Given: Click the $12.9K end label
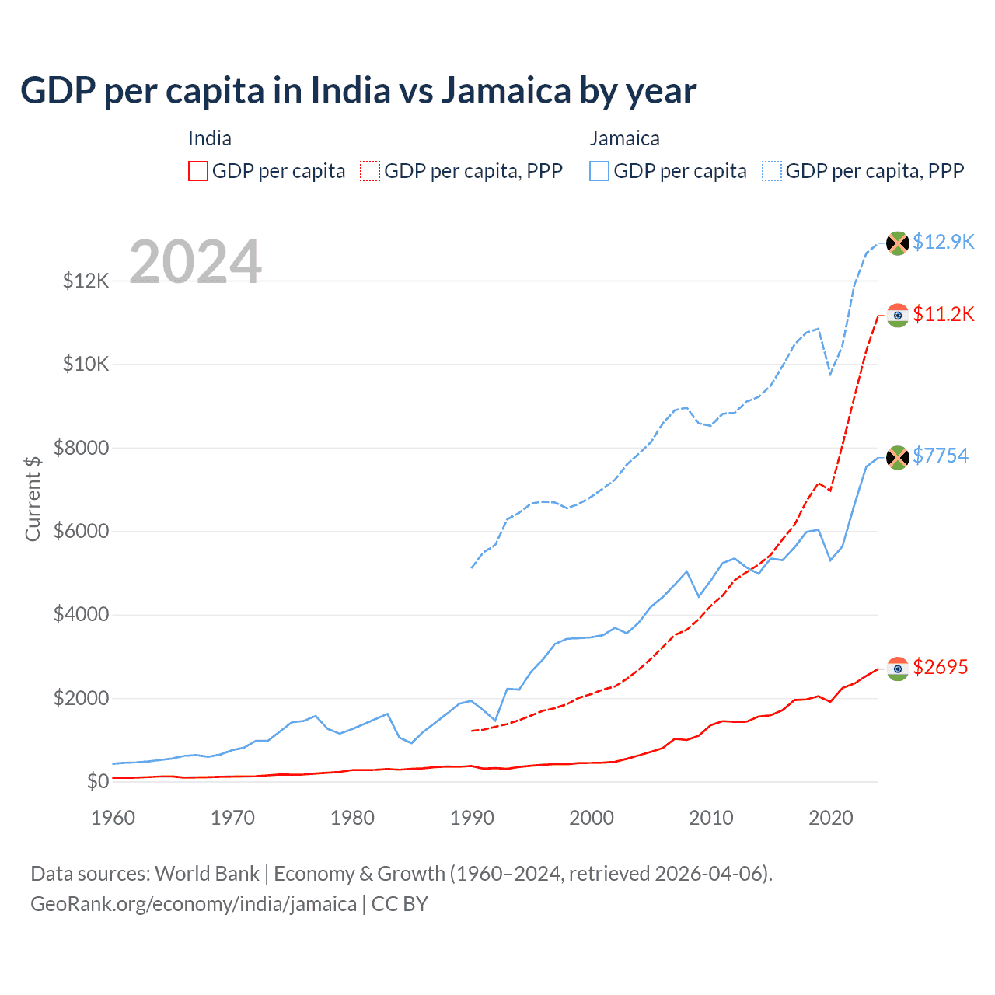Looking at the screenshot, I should pos(943,242).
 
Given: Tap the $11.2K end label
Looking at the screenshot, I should pos(943,314).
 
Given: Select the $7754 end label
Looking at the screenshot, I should pos(941,456).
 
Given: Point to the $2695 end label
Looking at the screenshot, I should pos(941,667).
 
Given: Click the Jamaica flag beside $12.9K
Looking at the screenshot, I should pos(898,243).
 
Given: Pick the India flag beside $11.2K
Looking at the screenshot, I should pos(898,315).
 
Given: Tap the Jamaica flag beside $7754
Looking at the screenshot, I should pos(898,457).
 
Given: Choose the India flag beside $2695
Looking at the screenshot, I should pos(898,669).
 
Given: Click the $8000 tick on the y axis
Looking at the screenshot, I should pos(81,448).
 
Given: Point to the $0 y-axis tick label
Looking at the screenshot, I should pos(97,781).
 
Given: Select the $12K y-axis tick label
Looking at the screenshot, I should pos(86,281).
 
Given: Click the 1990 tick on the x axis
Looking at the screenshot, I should pos(472,818).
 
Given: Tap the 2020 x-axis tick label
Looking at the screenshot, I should pos(831,818).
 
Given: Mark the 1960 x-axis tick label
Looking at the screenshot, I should pos(113,818).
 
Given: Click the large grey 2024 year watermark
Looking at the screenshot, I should pos(195,262).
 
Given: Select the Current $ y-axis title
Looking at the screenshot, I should pos(33,499).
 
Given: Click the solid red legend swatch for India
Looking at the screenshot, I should pos(198,171).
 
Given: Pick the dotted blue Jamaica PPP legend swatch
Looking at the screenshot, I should pos(772,171).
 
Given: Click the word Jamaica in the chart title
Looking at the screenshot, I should pos(506,90).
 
